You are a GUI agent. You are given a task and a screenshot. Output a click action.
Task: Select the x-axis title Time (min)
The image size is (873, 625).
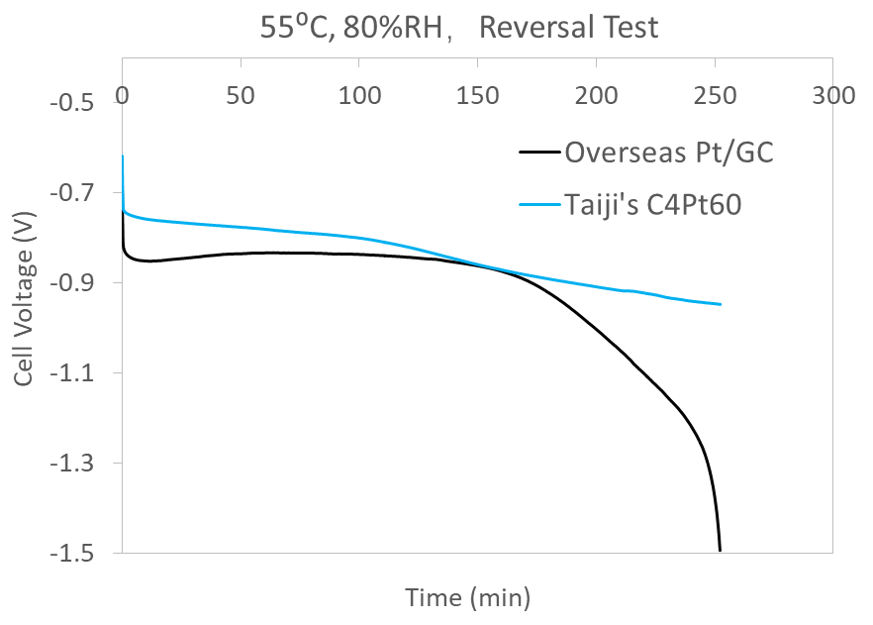[467, 597]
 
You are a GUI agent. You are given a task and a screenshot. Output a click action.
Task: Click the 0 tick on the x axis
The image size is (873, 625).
[122, 95]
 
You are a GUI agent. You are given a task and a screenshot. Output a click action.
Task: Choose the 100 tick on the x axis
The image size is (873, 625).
[359, 95]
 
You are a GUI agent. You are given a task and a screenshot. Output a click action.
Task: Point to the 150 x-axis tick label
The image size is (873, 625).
[478, 95]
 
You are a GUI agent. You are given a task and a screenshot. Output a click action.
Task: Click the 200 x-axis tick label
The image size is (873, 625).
[597, 95]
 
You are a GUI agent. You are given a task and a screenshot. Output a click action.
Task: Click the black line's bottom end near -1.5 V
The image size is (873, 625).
[720, 550]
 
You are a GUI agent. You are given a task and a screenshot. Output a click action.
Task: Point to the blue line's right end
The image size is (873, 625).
[721, 304]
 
